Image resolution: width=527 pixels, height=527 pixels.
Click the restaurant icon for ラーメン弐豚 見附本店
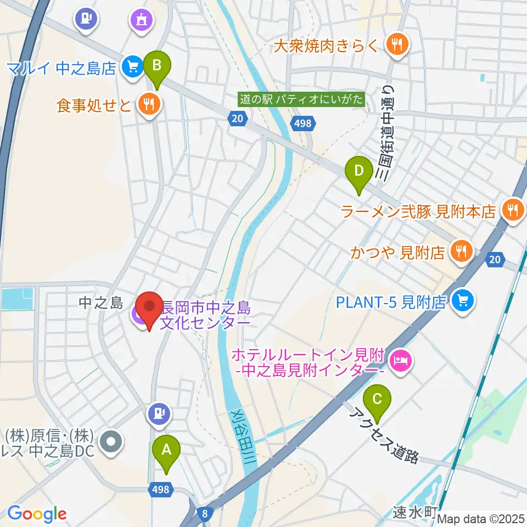[512, 210]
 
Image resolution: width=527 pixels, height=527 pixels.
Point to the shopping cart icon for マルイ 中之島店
[131, 68]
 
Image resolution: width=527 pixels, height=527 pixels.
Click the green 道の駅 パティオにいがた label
[301, 99]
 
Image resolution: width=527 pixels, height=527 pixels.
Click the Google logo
[37, 514]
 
